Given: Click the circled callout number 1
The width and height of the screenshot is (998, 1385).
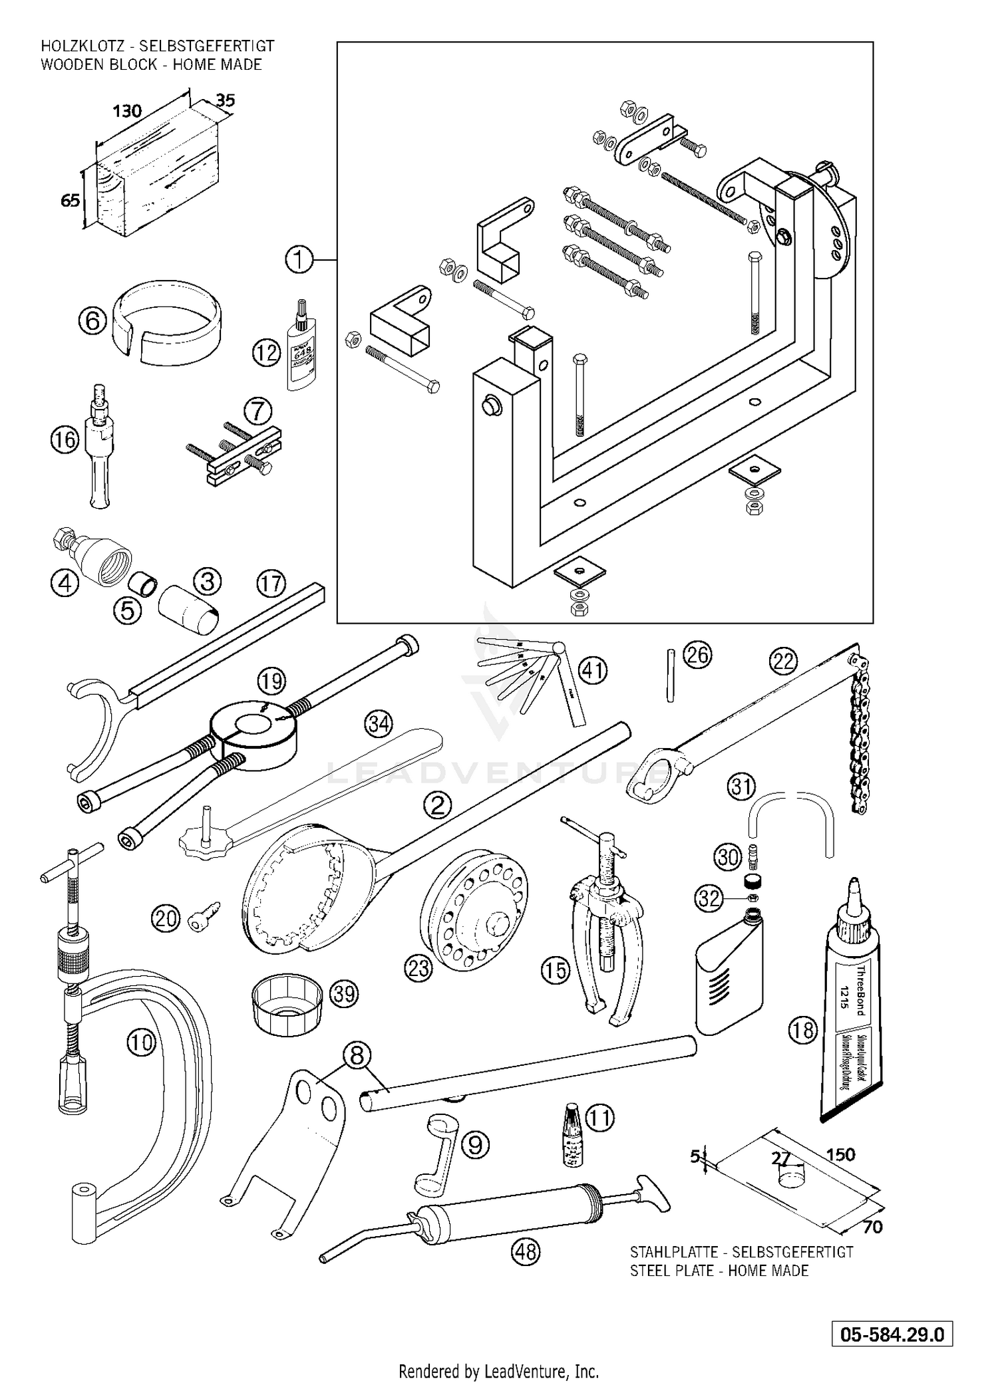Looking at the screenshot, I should tap(299, 259).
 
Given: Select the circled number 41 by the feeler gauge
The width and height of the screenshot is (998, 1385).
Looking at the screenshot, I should tap(593, 670).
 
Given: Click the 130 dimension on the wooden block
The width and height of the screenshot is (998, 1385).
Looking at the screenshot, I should tap(126, 110).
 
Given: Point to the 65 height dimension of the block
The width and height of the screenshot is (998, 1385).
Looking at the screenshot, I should tap(70, 199).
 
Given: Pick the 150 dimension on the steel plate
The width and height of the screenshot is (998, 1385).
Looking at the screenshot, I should tap(840, 1154).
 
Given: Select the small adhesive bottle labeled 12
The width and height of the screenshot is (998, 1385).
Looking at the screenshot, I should tap(301, 346).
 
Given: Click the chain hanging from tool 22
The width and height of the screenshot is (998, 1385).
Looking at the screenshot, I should tap(859, 731).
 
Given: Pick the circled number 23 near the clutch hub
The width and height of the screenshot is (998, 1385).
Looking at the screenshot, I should tap(418, 968).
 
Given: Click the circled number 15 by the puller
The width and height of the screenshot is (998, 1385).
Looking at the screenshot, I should tap(556, 970).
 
